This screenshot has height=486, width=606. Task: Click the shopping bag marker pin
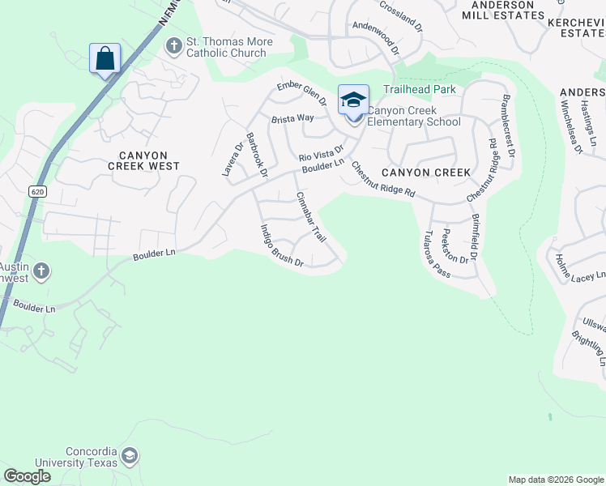pyautogui.click(x=105, y=59)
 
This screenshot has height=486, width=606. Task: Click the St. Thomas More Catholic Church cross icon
pyautogui.click(x=173, y=46)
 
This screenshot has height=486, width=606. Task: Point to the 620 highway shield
pyautogui.click(x=36, y=191)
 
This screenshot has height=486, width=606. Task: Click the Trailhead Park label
pyautogui.click(x=420, y=89)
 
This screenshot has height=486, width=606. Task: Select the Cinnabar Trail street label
pyautogui.click(x=310, y=217)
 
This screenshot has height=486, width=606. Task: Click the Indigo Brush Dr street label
pyautogui.click(x=281, y=246)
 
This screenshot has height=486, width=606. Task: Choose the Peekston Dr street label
pyautogui.click(x=457, y=246)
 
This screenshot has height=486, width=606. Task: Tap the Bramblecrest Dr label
pyautogui.click(x=508, y=119)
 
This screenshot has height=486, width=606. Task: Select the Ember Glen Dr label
pyautogui.click(x=301, y=94)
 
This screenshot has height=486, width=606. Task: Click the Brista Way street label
pyautogui.click(x=292, y=118)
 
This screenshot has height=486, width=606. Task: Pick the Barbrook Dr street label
pyautogui.click(x=257, y=154)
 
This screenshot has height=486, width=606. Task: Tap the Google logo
pyautogui.click(x=28, y=476)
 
